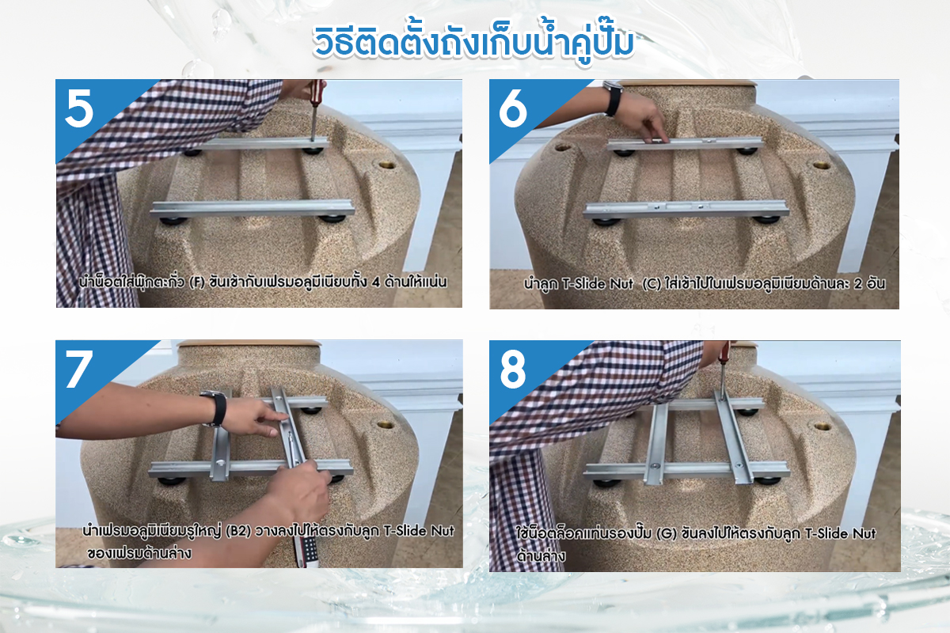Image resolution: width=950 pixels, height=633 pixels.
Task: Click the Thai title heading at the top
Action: click(473, 43)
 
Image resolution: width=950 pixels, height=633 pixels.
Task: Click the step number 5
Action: click(79, 108)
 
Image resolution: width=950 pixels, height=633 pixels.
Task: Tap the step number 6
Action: click(513, 109)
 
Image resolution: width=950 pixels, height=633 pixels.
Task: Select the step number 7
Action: click(79, 370)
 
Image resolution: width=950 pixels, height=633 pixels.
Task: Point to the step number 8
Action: click(513, 370)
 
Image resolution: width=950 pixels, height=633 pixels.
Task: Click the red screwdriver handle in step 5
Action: click(317, 89)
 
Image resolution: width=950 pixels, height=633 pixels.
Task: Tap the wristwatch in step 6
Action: click(613, 98)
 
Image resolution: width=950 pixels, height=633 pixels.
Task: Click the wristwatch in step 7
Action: click(217, 407)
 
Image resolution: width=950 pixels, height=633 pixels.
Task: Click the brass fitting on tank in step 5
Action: click(387, 165)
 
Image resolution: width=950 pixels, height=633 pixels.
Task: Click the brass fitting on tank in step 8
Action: click(822, 426)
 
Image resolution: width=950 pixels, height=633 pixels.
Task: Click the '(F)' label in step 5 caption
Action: click(197, 282)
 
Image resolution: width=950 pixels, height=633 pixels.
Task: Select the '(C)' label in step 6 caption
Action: click(652, 283)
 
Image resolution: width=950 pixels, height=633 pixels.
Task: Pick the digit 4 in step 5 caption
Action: click(376, 282)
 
